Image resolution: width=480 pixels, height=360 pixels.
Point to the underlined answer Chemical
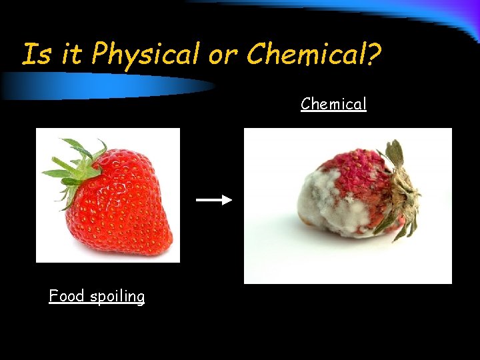coord(333,104)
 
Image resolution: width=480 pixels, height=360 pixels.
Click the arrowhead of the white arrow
coord(227,199)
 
